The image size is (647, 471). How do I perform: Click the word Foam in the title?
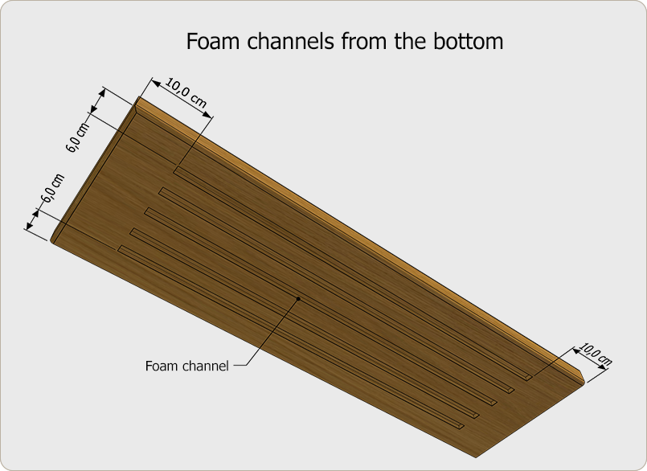point(213,41)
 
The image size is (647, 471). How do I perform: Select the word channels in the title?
point(291,41)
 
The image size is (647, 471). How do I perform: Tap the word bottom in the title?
point(468,41)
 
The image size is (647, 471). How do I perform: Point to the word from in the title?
point(365,41)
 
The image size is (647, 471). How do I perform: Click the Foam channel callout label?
point(186,366)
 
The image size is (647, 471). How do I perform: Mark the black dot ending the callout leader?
point(298,298)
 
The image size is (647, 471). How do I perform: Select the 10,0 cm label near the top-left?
point(186,93)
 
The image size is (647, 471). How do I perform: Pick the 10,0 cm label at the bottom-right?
point(595,354)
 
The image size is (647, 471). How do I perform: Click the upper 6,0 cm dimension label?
point(78,137)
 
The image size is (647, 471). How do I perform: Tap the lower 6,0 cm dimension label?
point(53,188)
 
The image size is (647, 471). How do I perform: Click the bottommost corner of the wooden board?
point(476,457)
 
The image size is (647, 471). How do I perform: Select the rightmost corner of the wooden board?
point(584,380)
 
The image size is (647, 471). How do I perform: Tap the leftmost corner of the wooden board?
point(51,240)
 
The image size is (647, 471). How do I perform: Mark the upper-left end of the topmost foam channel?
point(176,170)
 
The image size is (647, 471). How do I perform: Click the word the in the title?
point(410,41)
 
